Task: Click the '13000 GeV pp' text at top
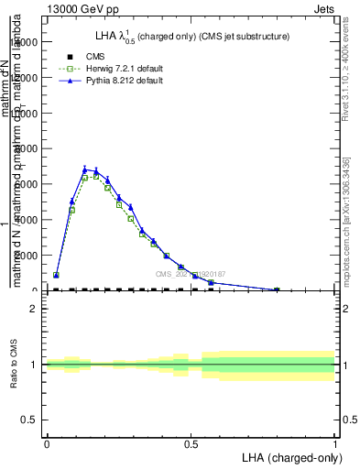point(81,8)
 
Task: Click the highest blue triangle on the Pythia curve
point(84,169)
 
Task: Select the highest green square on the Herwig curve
point(95,175)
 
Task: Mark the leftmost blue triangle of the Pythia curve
point(57,274)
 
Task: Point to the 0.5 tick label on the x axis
point(191,442)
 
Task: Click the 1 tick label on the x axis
point(335,442)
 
